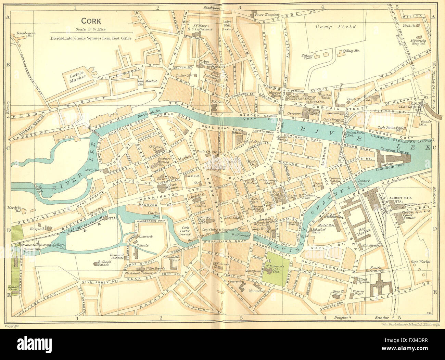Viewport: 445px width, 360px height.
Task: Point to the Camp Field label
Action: pyautogui.click(x=336, y=26)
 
